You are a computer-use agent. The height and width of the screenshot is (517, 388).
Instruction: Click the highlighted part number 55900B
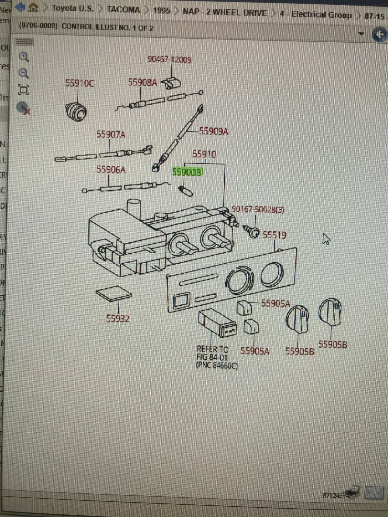187,172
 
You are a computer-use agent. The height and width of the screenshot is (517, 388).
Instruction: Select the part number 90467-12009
169,60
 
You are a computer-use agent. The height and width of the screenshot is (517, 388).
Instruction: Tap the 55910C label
80,83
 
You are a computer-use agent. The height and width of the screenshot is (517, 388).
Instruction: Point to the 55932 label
118,319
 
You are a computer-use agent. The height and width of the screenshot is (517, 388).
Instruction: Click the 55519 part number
274,235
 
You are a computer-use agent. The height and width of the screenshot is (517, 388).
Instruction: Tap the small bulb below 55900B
186,191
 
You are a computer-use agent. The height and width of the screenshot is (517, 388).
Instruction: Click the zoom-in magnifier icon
24,57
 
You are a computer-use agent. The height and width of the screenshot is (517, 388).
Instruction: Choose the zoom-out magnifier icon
24,73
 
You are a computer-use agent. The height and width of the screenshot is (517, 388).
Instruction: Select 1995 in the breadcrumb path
161,11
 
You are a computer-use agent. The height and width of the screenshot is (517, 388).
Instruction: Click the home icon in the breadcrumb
33,7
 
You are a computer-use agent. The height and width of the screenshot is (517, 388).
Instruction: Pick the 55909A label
213,131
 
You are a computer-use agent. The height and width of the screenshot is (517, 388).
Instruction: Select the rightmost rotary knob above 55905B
330,311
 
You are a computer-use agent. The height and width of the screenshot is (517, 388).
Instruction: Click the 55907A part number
111,134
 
